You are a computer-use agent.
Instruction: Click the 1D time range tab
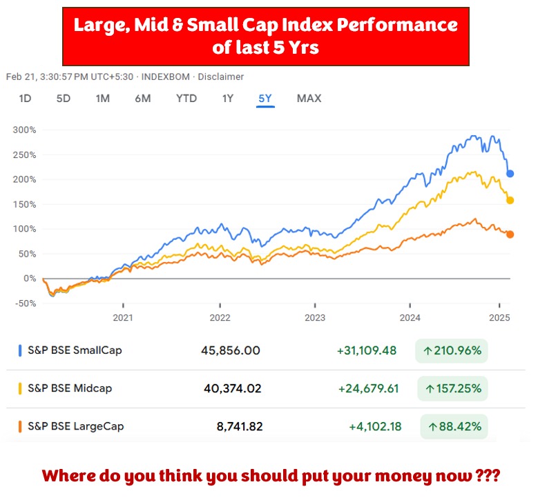(x=25, y=99)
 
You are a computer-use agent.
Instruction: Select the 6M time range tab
(x=143, y=99)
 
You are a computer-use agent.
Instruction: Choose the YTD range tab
(x=186, y=99)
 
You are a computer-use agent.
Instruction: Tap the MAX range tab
(x=309, y=99)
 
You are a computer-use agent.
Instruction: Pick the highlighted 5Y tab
(x=265, y=99)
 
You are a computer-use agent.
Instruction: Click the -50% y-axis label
(x=25, y=303)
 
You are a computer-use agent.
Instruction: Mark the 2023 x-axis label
(x=315, y=317)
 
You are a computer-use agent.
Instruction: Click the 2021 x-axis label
(x=124, y=317)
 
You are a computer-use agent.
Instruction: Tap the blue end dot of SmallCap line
(x=510, y=174)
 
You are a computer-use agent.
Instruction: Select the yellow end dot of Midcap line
(x=510, y=201)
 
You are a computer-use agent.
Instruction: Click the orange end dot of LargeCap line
(x=510, y=234)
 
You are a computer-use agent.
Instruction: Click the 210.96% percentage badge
(x=452, y=350)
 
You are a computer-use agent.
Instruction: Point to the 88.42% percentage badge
(x=454, y=427)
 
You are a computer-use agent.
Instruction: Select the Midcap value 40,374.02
(x=233, y=388)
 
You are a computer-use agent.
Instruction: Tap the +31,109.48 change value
(x=367, y=350)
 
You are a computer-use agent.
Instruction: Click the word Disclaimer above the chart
(x=221, y=77)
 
